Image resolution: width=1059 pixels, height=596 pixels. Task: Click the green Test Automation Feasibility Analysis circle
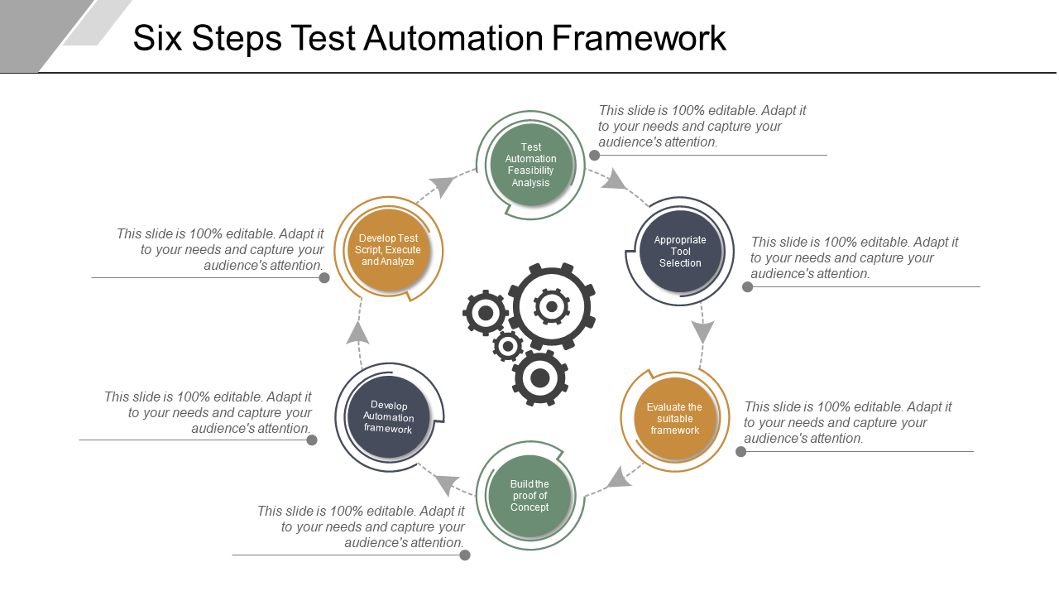click(x=530, y=165)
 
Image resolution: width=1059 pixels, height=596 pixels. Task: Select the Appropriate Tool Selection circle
click(x=680, y=251)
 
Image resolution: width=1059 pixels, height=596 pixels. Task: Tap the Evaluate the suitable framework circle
click(x=674, y=419)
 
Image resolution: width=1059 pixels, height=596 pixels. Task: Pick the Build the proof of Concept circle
click(x=529, y=496)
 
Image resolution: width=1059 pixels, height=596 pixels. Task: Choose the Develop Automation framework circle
click(x=388, y=417)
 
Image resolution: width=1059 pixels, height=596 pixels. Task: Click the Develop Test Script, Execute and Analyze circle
click(x=388, y=250)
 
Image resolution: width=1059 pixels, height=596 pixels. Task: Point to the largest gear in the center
click(x=552, y=306)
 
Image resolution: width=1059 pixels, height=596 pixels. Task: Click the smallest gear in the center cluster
click(x=508, y=346)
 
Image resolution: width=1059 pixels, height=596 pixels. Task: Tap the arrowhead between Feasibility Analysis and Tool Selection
click(x=614, y=180)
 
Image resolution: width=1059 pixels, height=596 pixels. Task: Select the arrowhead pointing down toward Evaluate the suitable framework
click(x=702, y=332)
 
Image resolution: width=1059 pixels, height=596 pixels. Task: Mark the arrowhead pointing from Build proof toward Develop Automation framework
click(x=446, y=484)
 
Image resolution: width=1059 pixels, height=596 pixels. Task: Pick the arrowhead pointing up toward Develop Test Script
click(x=358, y=333)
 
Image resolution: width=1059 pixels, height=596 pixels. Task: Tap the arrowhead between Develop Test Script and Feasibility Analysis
click(x=442, y=185)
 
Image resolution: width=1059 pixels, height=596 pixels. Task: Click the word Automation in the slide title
click(x=453, y=38)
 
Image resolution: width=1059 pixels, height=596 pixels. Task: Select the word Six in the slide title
click(x=157, y=38)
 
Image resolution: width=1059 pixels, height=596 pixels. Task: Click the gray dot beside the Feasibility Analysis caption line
click(x=595, y=155)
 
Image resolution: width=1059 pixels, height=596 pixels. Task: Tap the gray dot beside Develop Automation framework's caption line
click(x=312, y=440)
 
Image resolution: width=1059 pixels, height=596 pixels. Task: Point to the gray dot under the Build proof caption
click(x=465, y=555)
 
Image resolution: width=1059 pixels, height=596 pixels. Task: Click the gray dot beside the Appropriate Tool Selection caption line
click(x=747, y=286)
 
